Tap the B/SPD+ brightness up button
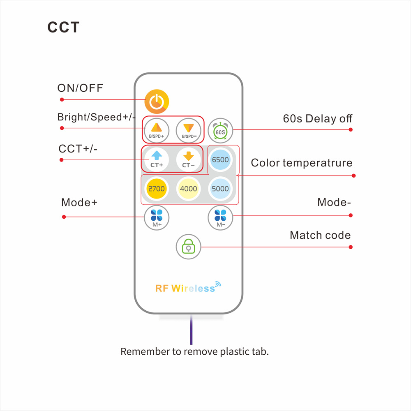point(156,130)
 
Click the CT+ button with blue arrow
point(156,159)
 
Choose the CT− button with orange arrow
point(188,159)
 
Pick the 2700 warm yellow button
point(156,189)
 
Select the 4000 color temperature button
point(188,189)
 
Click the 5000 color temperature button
point(220,189)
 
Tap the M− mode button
point(220,217)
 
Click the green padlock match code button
point(188,247)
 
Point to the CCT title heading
point(63,27)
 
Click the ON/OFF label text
point(80,88)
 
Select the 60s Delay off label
point(317,119)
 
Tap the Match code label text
point(320,236)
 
